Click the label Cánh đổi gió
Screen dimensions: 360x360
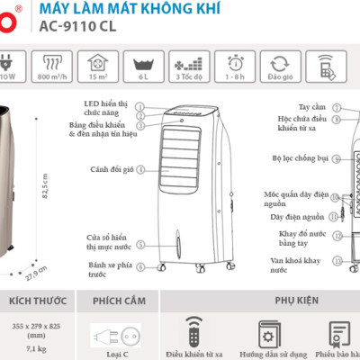pyautogui.click(x=112, y=168)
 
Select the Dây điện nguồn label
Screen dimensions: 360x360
pyautogui.click(x=296, y=217)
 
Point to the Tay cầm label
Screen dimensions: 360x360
pyautogui.click(x=313, y=106)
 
